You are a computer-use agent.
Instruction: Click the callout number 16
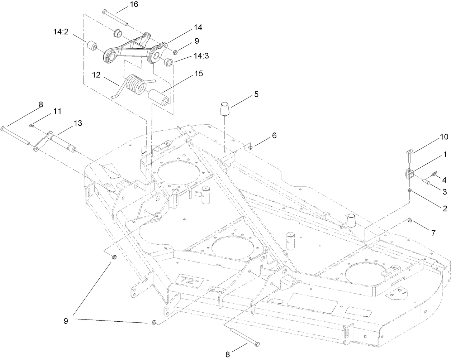[x=123, y=5]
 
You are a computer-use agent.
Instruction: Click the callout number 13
[x=78, y=123]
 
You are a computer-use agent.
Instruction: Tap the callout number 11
[x=57, y=111]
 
